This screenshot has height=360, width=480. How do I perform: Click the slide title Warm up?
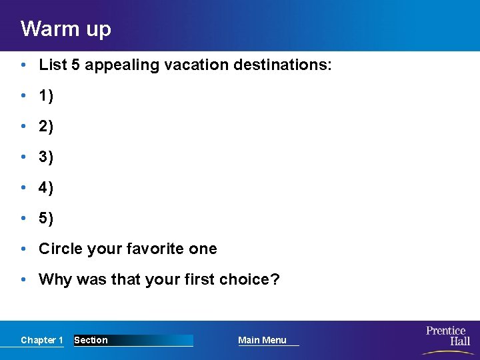65,29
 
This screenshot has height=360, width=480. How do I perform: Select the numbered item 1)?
46,96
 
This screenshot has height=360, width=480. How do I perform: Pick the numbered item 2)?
46,127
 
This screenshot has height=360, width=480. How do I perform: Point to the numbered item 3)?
46,157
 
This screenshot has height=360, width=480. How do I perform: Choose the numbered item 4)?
46,188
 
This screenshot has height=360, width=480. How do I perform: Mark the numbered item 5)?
46,219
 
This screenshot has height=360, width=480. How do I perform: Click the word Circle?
59,249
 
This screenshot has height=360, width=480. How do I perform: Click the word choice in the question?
253,279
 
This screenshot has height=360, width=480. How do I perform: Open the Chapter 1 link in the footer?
41,341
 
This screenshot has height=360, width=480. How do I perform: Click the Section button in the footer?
91,341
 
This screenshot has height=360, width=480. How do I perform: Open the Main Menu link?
262,341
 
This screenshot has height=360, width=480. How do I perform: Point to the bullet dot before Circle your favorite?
24,249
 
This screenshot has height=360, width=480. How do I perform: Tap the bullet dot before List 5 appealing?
24,65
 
